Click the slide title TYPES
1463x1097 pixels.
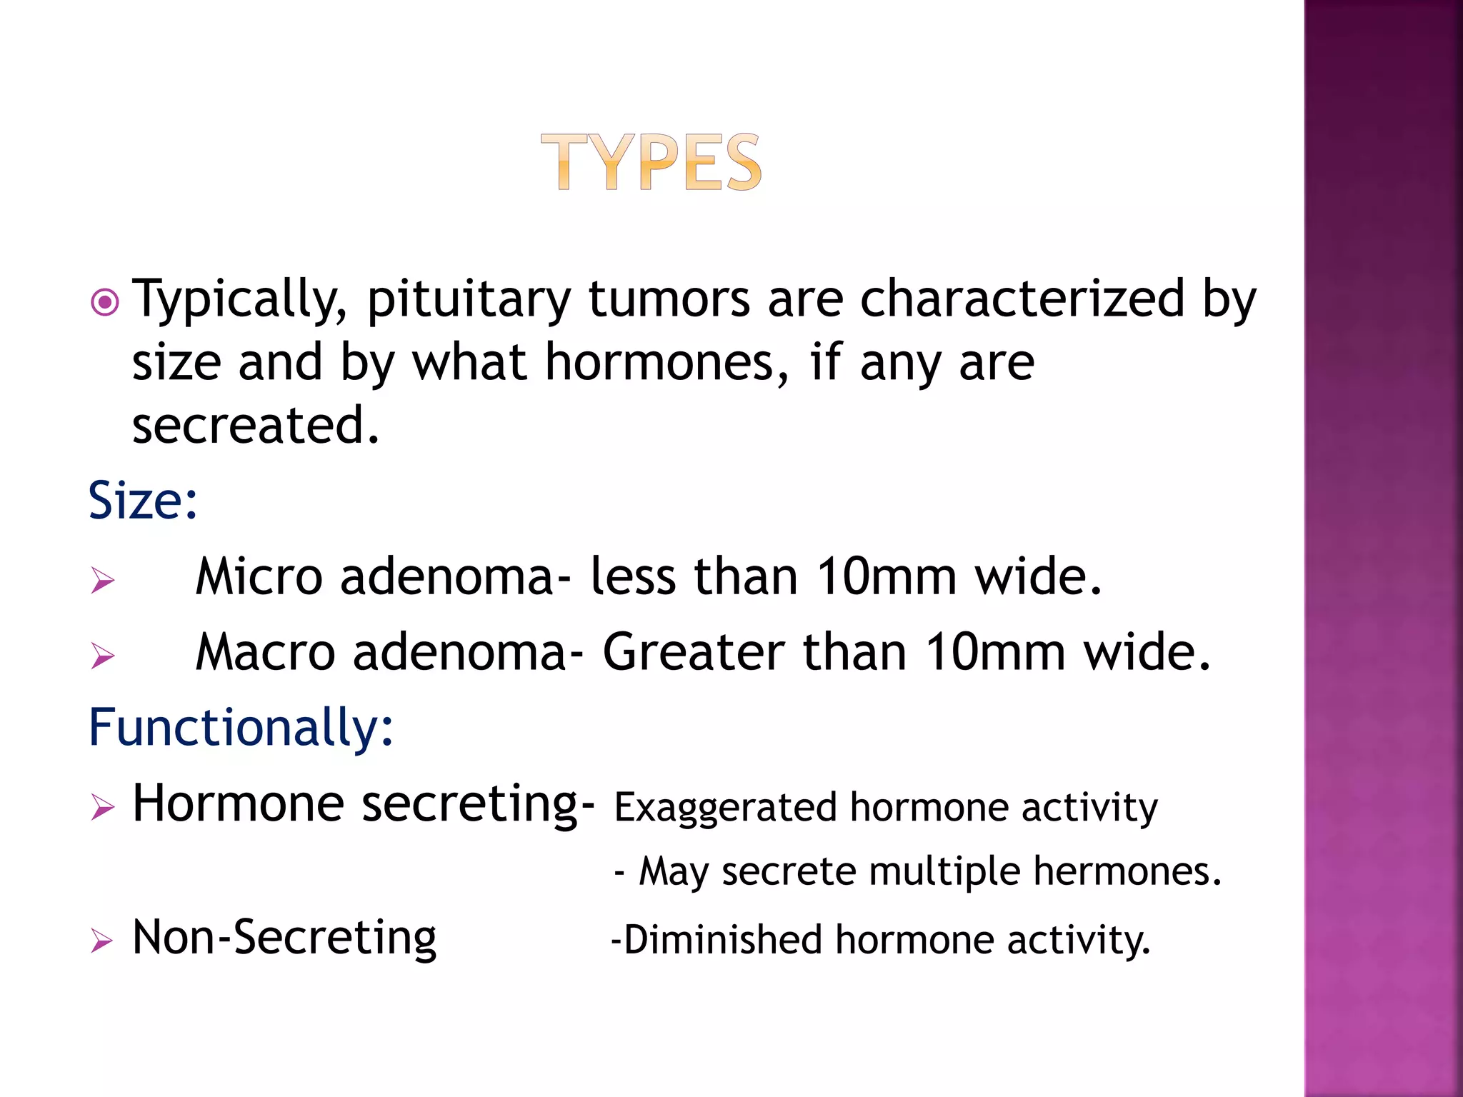(651, 163)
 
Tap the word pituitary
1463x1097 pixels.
(469, 300)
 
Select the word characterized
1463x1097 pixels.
(1022, 299)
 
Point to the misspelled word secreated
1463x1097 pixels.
(255, 426)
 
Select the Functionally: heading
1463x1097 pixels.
(241, 728)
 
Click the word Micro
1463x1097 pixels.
(259, 577)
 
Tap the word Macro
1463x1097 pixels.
(265, 653)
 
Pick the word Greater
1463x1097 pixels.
(694, 653)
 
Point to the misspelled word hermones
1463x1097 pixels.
(1127, 872)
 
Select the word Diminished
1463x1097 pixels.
(722, 940)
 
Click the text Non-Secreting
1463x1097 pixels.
(284, 938)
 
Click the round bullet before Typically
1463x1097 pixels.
(105, 303)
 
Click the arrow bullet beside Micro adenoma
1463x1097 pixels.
(103, 580)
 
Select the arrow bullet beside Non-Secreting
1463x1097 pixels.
(102, 941)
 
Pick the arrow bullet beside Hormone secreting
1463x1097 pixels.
(103, 808)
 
